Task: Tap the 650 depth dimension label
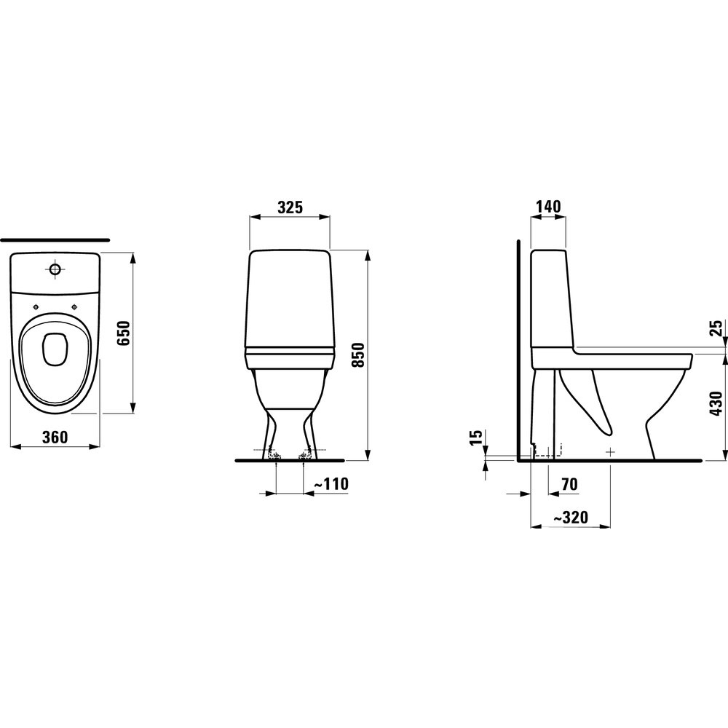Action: coord(123,333)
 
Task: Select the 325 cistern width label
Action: coord(290,207)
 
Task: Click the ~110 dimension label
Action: coord(331,484)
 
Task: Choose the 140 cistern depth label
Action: coord(548,206)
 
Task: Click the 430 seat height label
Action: coord(716,403)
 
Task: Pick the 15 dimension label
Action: coord(476,438)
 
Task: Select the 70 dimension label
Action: coord(570,484)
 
